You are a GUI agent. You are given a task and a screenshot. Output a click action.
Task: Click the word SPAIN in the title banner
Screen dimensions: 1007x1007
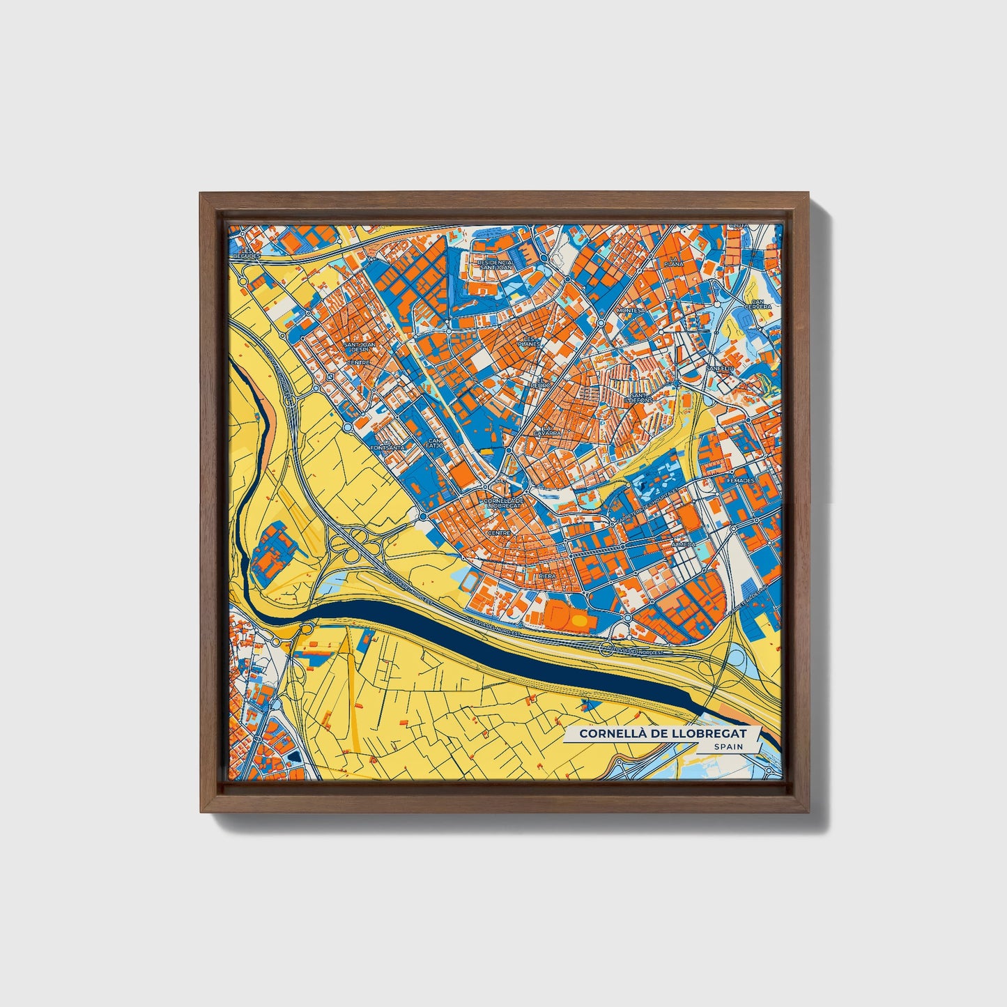pos(728,746)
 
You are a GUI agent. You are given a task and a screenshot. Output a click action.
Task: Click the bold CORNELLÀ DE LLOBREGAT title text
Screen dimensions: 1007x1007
pos(662,733)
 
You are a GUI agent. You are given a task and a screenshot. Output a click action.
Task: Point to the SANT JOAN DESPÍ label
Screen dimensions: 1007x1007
pos(360,346)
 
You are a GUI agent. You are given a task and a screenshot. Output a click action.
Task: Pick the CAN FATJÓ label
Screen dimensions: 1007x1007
pos(435,443)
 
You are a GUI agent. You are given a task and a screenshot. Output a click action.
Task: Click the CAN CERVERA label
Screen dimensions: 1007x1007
pos(758,304)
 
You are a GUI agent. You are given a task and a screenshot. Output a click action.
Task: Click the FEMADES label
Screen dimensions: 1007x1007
pos(740,481)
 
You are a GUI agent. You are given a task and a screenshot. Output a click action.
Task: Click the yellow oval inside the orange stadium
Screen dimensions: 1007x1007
pos(579,619)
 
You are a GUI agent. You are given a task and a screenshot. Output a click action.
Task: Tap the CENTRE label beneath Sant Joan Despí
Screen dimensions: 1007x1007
pos(358,363)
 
